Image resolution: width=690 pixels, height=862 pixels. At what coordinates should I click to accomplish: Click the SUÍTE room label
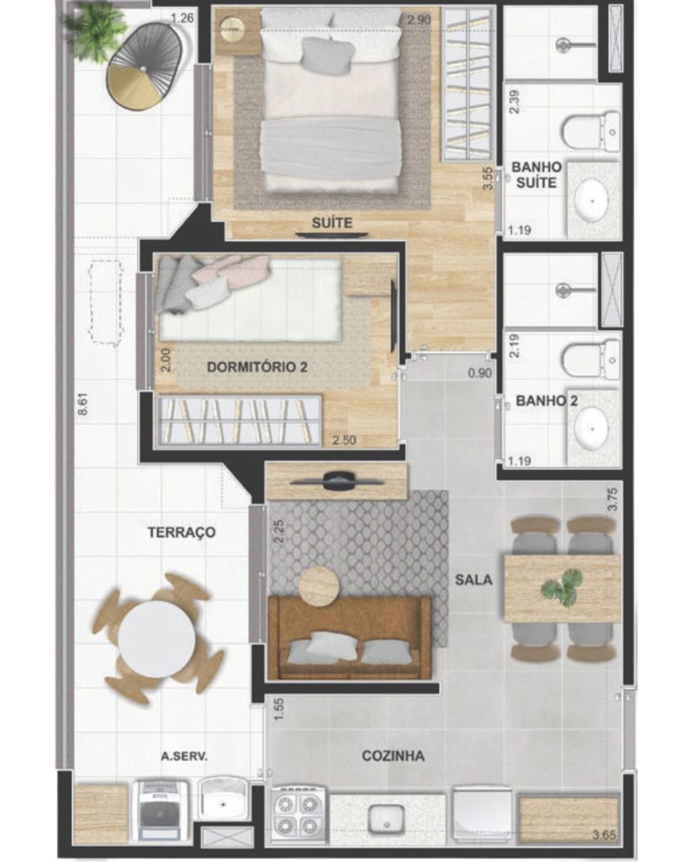pyautogui.click(x=332, y=222)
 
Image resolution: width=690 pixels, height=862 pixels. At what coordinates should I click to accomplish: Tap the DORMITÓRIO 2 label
pyautogui.click(x=257, y=367)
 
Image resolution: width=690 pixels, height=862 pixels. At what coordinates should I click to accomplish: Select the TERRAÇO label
pyautogui.click(x=182, y=532)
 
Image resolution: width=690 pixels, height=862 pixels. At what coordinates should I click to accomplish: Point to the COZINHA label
pyautogui.click(x=393, y=756)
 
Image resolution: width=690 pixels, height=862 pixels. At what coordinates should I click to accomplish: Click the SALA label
pyautogui.click(x=473, y=579)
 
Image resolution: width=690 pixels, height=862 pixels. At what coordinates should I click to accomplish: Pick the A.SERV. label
pyautogui.click(x=185, y=757)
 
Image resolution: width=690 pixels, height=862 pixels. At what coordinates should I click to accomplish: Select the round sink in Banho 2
pyautogui.click(x=592, y=428)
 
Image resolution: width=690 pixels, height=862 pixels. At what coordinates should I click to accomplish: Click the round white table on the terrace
pyautogui.click(x=156, y=639)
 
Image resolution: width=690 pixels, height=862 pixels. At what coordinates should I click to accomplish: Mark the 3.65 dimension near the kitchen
pyautogui.click(x=604, y=835)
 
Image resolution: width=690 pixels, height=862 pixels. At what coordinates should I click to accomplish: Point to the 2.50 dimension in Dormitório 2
pyautogui.click(x=344, y=439)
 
